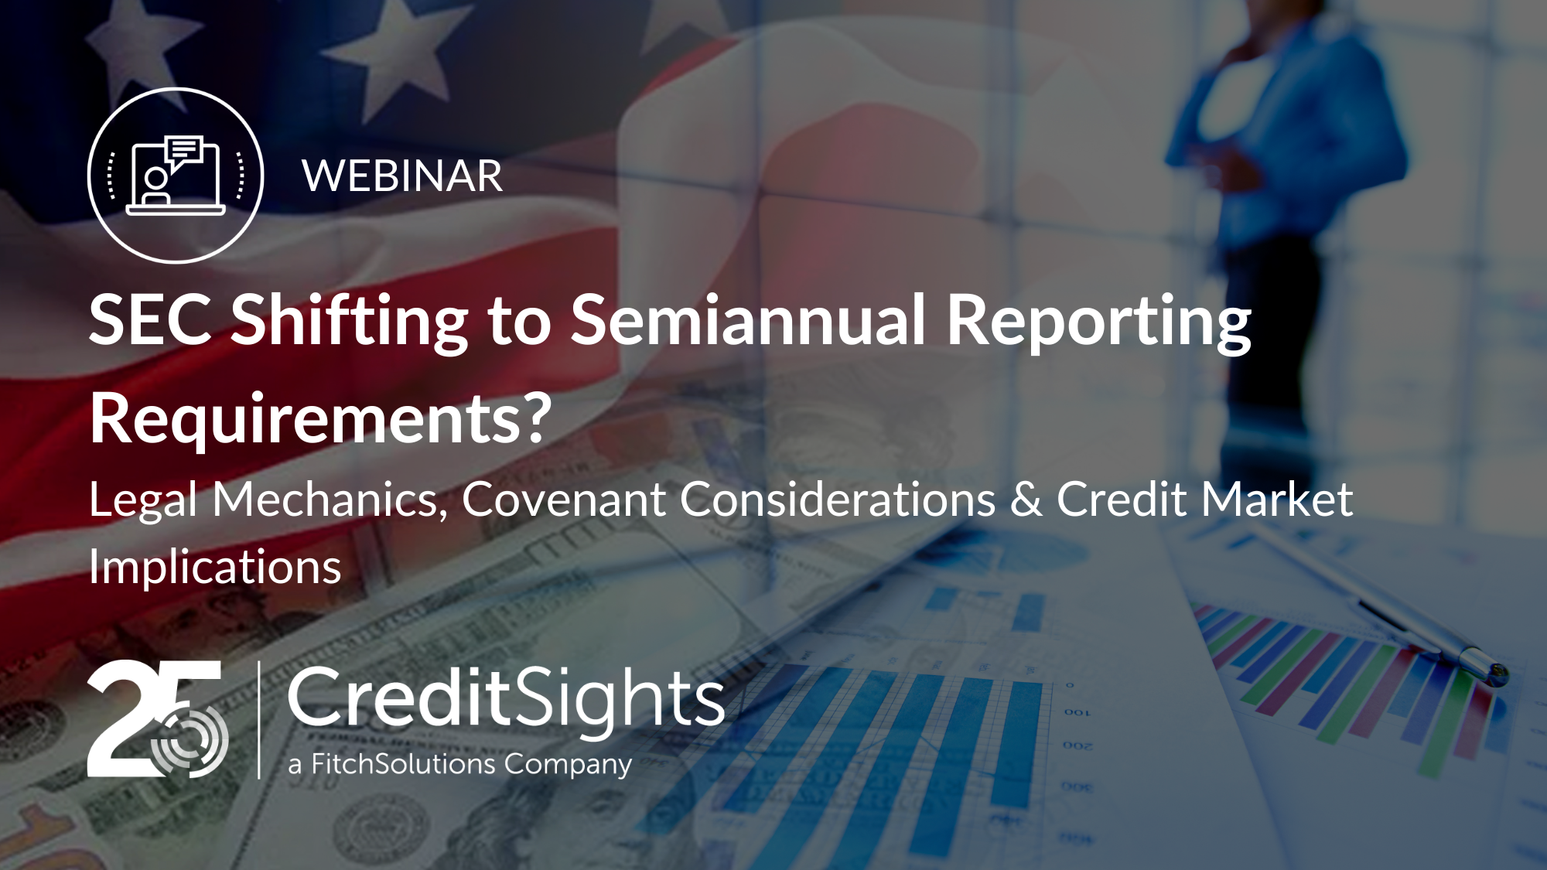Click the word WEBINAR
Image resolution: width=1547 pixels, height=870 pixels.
pyautogui.click(x=402, y=176)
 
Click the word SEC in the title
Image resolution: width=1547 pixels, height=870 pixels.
pyautogui.click(x=150, y=319)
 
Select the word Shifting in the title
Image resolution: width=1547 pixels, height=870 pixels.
pyautogui.click(x=350, y=322)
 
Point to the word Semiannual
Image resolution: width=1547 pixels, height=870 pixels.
pyautogui.click(x=748, y=319)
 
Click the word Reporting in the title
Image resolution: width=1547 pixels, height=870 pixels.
pyautogui.click(x=1099, y=322)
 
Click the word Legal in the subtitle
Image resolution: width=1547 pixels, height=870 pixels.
pyautogui.click(x=143, y=500)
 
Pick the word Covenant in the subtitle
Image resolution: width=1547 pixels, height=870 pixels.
pyautogui.click(x=564, y=499)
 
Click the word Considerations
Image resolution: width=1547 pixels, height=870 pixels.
pyautogui.click(x=838, y=499)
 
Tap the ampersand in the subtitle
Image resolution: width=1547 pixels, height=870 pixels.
pyautogui.click(x=1026, y=500)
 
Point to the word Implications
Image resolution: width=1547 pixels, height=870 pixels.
pyautogui.click(x=215, y=568)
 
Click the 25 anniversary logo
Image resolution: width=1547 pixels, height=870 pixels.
pyautogui.click(x=158, y=718)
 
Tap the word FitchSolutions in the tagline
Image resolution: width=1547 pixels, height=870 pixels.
pyautogui.click(x=403, y=765)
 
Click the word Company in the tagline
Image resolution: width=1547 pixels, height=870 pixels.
pyautogui.click(x=569, y=766)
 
